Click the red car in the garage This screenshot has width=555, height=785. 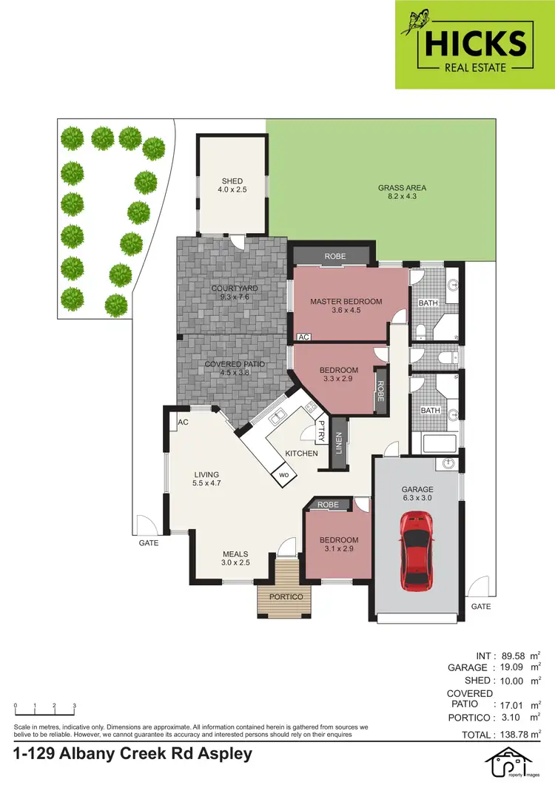tap(417, 550)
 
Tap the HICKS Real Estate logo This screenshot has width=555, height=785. tap(474, 44)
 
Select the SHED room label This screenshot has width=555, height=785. tap(232, 181)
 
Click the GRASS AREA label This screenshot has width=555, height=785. tap(402, 188)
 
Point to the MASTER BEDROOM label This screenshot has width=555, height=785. tap(346, 301)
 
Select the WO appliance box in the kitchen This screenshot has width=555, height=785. tap(283, 474)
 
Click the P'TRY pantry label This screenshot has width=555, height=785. tap(323, 429)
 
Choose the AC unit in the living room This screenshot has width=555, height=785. tap(182, 422)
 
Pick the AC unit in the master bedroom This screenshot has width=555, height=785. tap(303, 337)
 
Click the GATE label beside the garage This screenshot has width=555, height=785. tap(481, 606)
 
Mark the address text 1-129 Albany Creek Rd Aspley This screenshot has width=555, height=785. tap(133, 754)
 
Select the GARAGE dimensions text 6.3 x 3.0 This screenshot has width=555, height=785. tap(417, 498)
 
